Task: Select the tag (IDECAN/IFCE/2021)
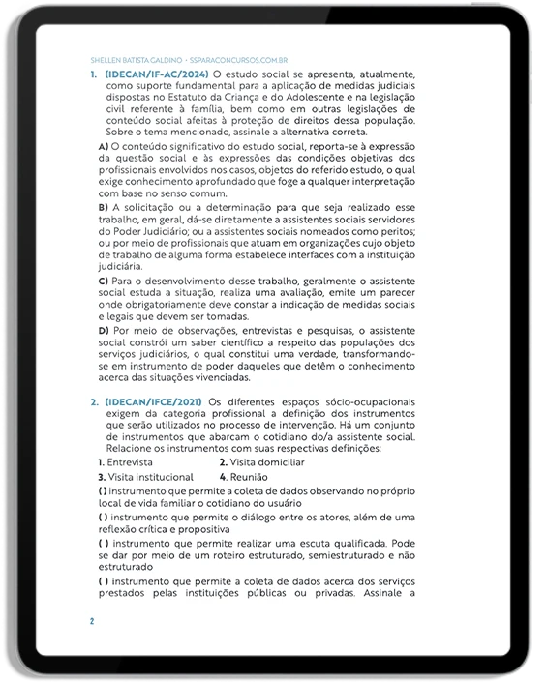coord(154,401)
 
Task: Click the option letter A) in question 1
coord(104,145)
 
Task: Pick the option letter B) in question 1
coord(104,207)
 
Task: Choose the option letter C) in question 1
coord(104,280)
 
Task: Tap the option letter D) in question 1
coord(104,330)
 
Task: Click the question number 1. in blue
coord(94,74)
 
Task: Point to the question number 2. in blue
coord(94,401)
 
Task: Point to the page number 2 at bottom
coord(92,620)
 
